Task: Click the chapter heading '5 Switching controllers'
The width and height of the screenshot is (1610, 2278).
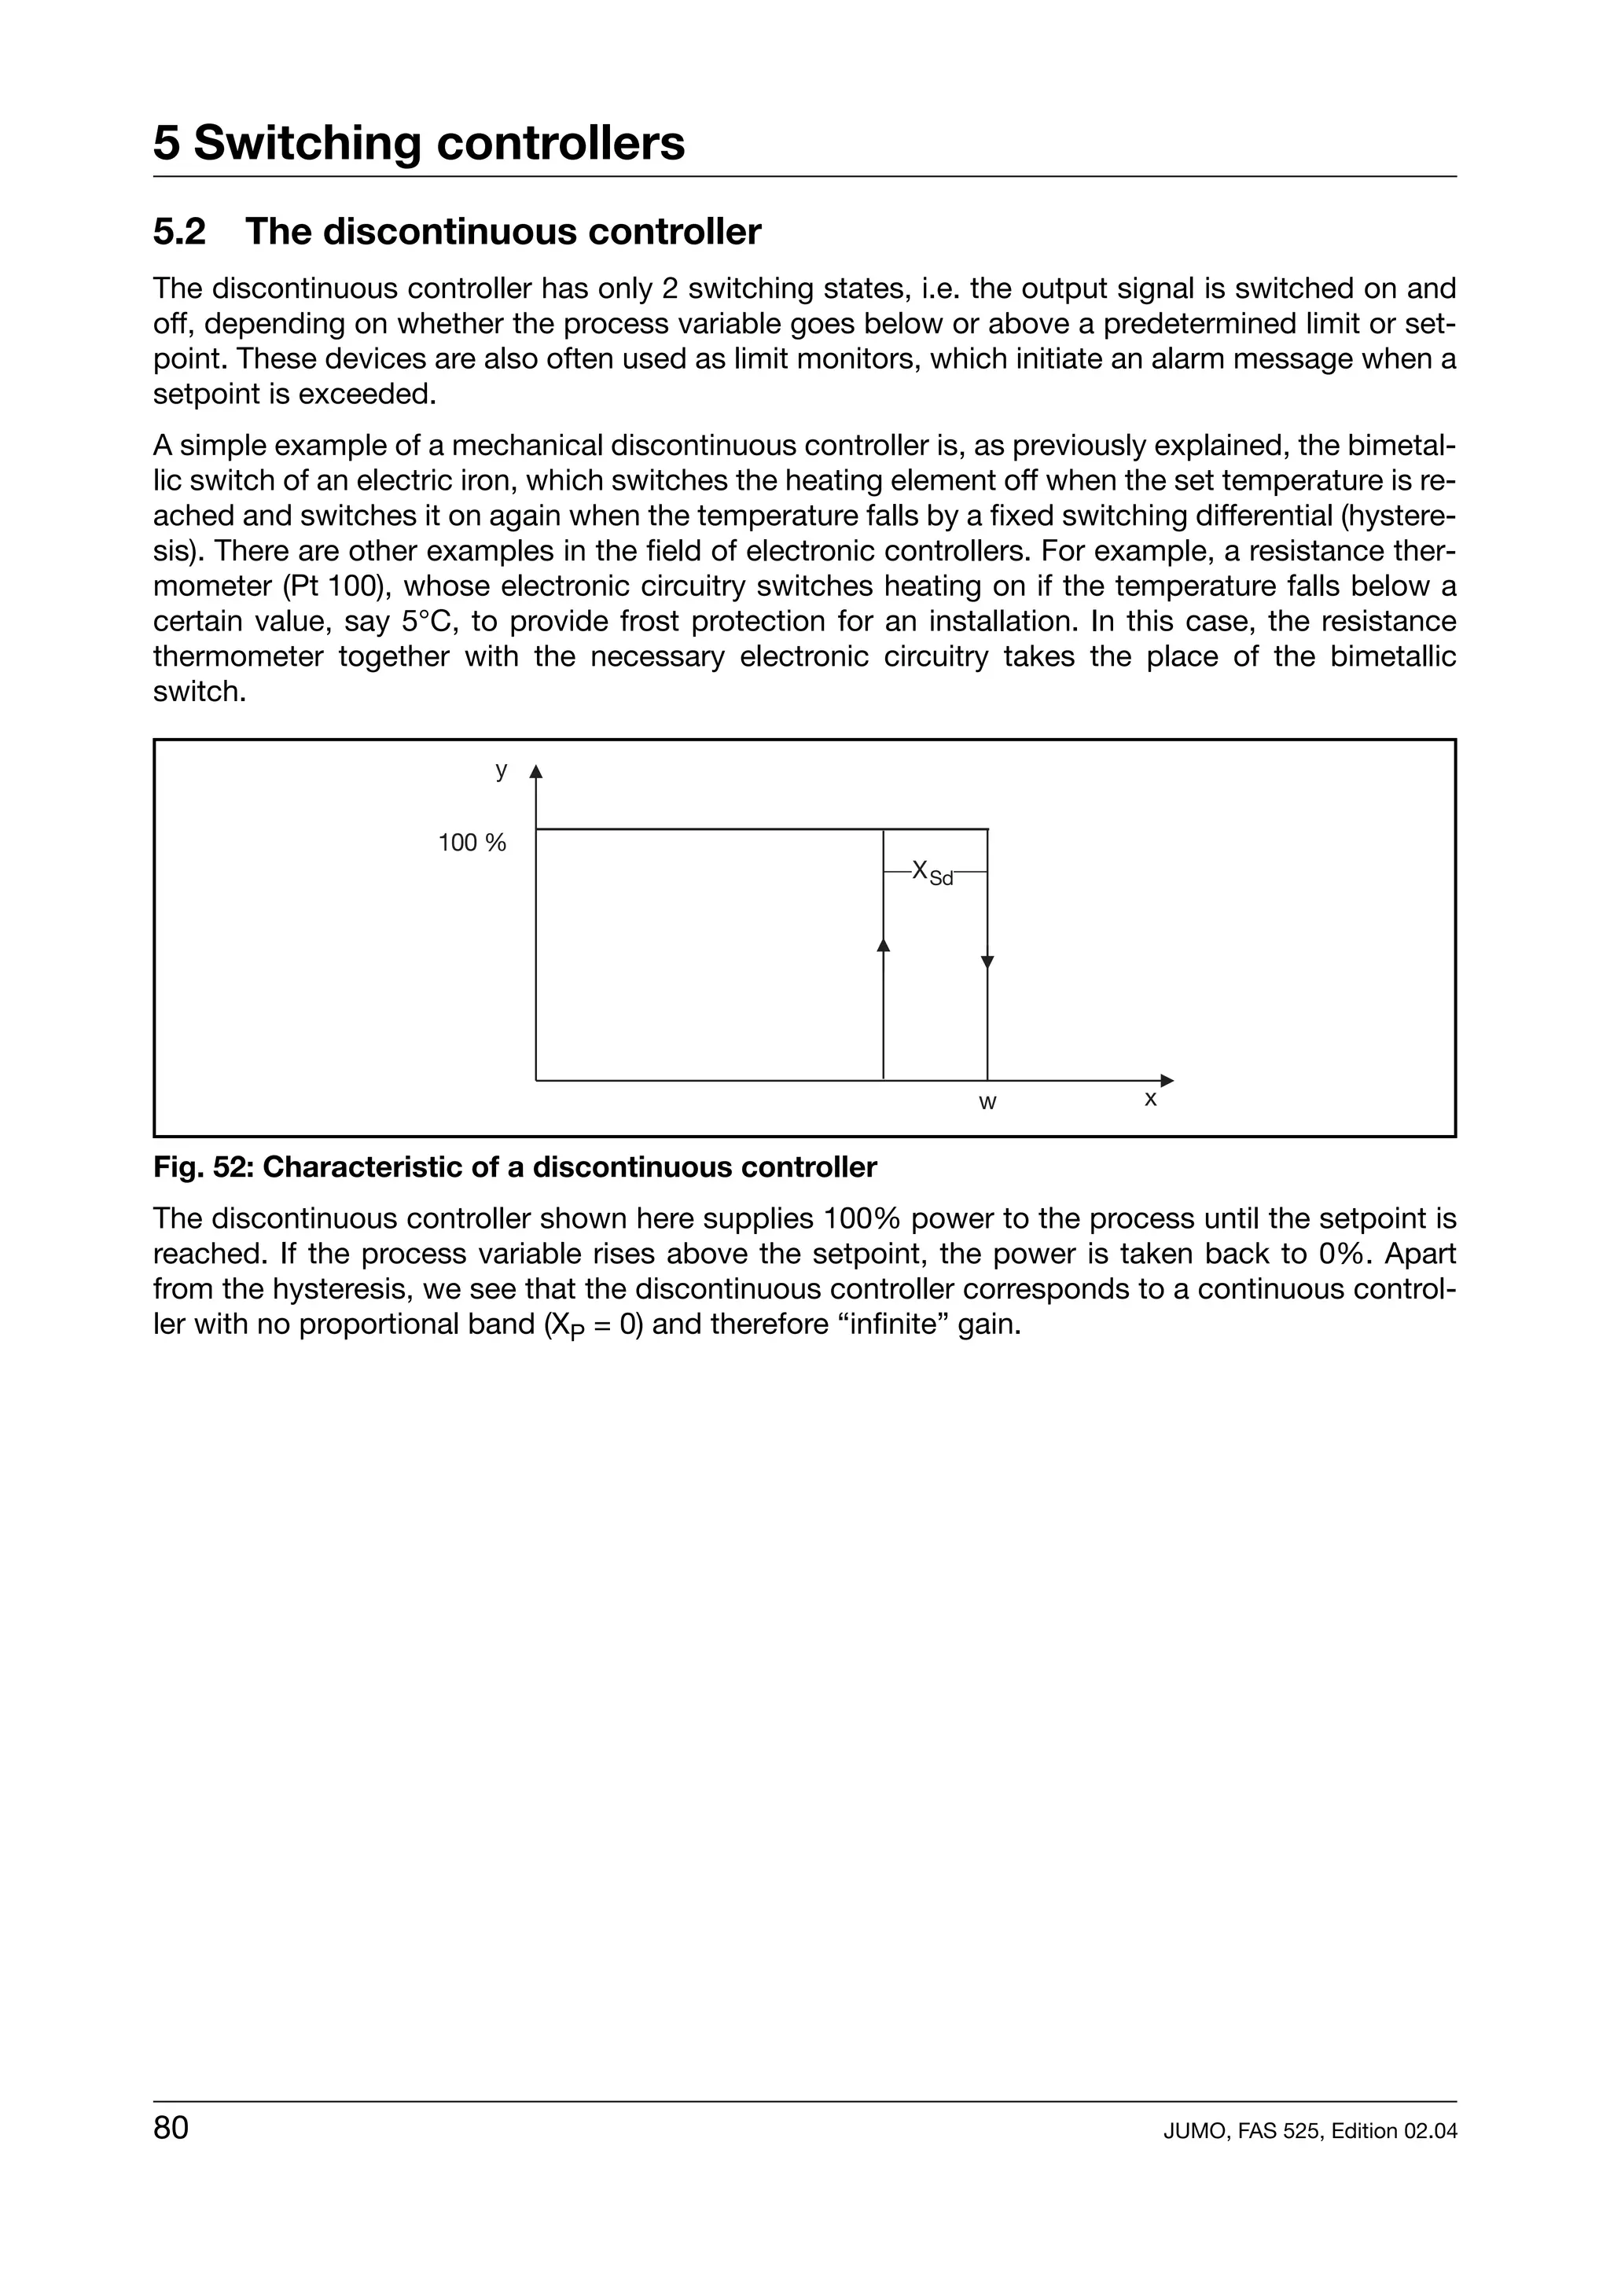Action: point(419,143)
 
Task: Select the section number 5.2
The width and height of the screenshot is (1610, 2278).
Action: point(179,232)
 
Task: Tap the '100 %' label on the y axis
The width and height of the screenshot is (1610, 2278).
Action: point(472,843)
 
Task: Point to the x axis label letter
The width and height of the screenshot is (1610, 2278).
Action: point(1151,1100)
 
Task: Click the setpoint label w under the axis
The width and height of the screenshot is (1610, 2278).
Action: point(987,1102)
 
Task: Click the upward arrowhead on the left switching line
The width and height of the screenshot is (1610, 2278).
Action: point(884,945)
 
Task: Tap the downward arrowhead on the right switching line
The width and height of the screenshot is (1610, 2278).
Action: point(987,961)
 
